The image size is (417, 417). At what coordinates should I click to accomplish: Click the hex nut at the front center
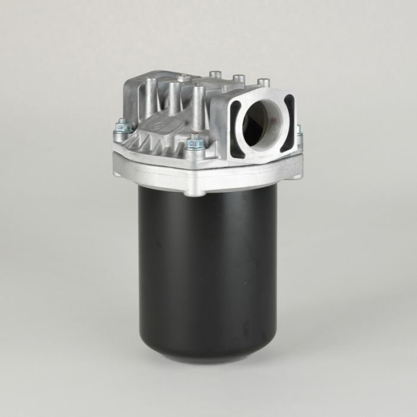[x=194, y=143]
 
